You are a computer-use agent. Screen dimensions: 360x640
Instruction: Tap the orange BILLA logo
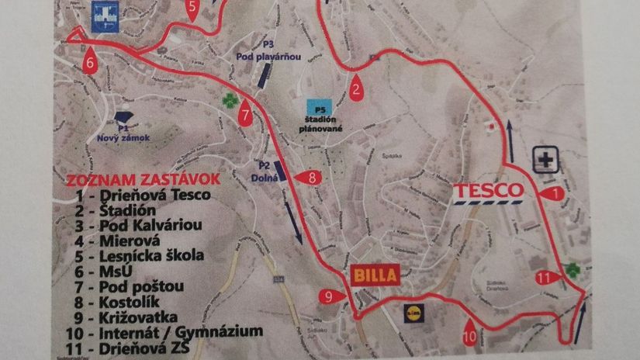375,274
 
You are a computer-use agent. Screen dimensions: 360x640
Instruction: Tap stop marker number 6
91,61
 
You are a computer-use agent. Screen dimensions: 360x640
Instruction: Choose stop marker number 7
246,115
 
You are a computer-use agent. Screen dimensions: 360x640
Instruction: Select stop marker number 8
308,178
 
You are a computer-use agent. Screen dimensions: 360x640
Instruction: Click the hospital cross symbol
547,161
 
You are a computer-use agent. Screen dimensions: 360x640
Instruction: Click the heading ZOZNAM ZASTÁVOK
144,179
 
